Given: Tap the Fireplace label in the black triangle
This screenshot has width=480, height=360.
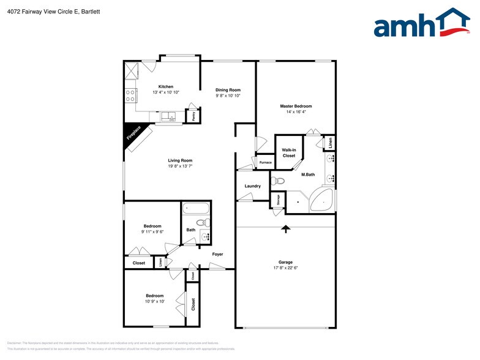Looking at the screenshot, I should pyautogui.click(x=134, y=133).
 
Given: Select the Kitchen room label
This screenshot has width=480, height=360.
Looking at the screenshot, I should pyautogui.click(x=166, y=86).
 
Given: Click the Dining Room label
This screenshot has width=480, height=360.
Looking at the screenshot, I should pyautogui.click(x=228, y=90).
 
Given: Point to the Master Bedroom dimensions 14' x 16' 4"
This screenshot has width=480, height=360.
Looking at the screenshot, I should pyautogui.click(x=295, y=112).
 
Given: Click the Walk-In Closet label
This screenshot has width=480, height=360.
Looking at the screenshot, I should pyautogui.click(x=288, y=152).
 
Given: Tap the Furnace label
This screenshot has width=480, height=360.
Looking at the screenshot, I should pyautogui.click(x=265, y=162).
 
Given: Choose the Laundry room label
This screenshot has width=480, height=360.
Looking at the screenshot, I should pyautogui.click(x=253, y=186).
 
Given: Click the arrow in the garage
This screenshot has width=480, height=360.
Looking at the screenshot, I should pyautogui.click(x=285, y=229).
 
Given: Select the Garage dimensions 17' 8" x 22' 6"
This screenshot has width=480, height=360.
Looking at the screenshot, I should pyautogui.click(x=285, y=268).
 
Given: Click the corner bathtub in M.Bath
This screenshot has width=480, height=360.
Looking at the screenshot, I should pyautogui.click(x=322, y=200).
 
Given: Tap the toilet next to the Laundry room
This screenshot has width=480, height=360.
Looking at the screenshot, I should pyautogui.click(x=279, y=181).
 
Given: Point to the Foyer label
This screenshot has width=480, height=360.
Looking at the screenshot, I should pyautogui.click(x=217, y=254).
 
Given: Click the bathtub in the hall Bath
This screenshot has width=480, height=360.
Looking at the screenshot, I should pyautogui.click(x=197, y=208).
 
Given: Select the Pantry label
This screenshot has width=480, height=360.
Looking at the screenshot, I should pyautogui.click(x=193, y=116).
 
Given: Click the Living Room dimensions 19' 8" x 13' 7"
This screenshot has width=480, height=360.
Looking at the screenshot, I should pyautogui.click(x=180, y=166).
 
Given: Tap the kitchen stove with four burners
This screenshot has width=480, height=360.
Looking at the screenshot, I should pyautogui.click(x=130, y=95).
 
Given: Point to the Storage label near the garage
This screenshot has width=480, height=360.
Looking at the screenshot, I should pyautogui.click(x=278, y=200).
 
